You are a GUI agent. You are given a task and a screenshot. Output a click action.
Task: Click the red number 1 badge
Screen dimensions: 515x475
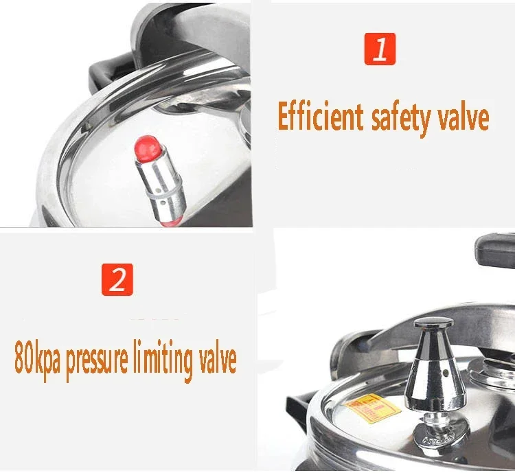(380, 49)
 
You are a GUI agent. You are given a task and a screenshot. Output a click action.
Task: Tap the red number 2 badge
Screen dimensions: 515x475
(117, 279)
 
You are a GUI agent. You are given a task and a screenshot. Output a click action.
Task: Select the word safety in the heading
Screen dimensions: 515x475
(400, 119)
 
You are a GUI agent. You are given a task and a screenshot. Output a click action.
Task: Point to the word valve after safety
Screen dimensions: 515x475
(462, 117)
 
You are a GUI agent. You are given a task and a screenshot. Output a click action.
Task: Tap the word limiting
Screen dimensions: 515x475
(163, 360)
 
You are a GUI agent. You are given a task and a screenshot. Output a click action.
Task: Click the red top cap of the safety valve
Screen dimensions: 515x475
(147, 147)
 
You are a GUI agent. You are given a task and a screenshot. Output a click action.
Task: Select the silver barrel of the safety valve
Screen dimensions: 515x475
(161, 187)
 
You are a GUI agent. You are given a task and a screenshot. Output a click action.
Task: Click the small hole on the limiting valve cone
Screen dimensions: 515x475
(446, 373)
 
